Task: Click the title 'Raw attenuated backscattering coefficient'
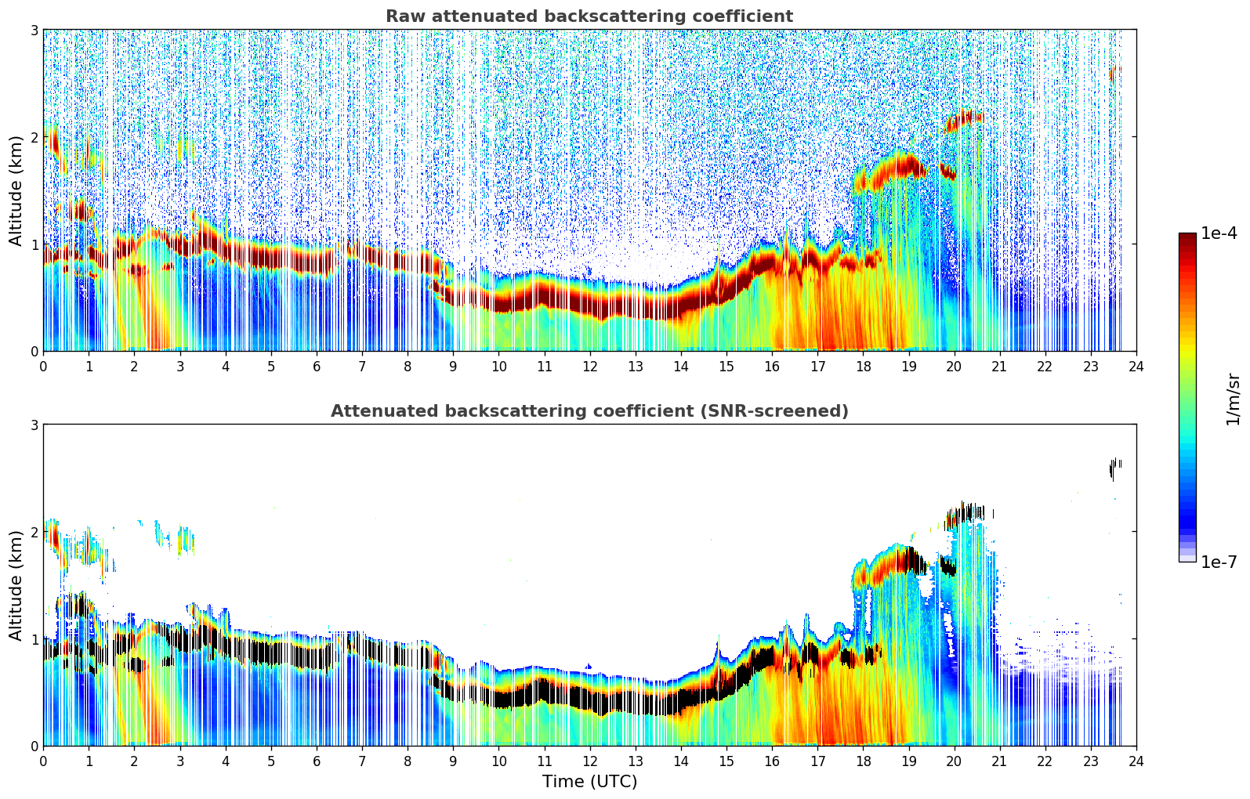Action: (589, 16)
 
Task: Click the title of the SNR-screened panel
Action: (589, 411)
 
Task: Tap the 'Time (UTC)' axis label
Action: (589, 782)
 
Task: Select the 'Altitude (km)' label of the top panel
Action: (16, 190)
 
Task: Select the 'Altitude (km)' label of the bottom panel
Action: (16, 585)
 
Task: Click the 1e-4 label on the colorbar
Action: (1219, 233)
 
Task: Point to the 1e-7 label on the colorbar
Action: (1219, 562)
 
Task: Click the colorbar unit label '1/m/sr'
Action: (1233, 399)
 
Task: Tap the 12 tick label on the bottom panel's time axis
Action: (589, 761)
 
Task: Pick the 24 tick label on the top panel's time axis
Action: (1136, 367)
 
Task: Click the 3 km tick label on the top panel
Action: (34, 30)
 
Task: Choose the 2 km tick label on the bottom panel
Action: (34, 532)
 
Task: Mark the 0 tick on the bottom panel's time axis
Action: (43, 761)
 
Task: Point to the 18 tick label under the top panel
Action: (863, 367)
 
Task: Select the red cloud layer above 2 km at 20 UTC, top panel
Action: (963, 120)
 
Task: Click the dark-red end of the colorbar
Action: (1187, 238)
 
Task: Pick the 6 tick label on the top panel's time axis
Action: (317, 367)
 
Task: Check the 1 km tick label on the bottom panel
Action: (34, 639)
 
